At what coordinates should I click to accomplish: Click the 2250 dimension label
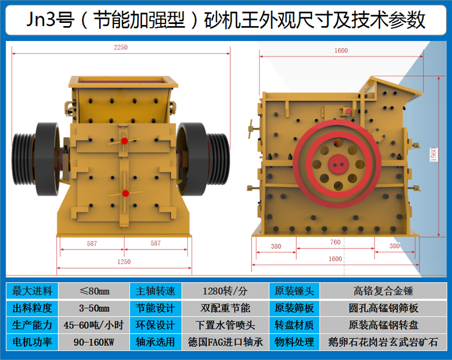[x=120, y=47]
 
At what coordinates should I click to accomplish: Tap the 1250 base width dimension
[x=124, y=262]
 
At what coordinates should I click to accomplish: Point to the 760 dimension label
[x=335, y=242]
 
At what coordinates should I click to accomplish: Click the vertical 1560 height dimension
[x=433, y=154]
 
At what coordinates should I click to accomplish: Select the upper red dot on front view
[x=125, y=141]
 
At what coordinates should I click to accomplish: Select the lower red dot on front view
[x=125, y=193]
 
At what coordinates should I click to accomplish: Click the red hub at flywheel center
[x=338, y=164]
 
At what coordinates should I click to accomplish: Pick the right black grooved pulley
[x=218, y=159]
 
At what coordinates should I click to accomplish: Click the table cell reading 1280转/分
[x=225, y=291]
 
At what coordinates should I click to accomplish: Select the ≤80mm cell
[x=94, y=291]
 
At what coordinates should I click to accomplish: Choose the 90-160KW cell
[x=94, y=342]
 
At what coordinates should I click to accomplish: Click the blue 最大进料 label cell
[x=32, y=291]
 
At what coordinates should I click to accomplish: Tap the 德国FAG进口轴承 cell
[x=225, y=342]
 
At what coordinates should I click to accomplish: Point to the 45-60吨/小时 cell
[x=94, y=325]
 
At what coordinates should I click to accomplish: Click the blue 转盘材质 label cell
[x=294, y=325]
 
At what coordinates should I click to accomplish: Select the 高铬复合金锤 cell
[x=383, y=291]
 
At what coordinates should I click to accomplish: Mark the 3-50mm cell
[x=94, y=308]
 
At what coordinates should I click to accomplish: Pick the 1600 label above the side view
[x=341, y=51]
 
